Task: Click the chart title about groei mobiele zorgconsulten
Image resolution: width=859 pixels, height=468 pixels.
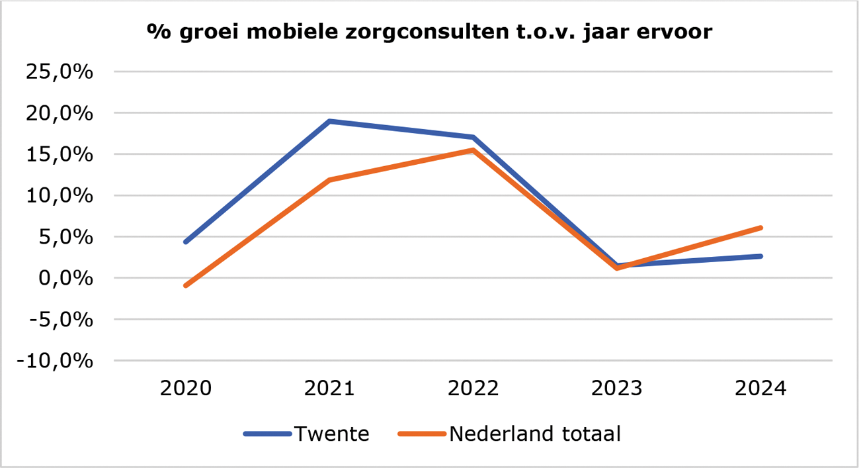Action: tap(429, 32)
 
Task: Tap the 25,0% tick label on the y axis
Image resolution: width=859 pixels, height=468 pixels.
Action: tap(58, 72)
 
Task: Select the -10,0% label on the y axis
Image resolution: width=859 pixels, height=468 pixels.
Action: tap(55, 361)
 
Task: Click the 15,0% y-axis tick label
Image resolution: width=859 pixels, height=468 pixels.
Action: tap(58, 154)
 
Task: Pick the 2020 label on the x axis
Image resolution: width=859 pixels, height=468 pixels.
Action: tap(186, 388)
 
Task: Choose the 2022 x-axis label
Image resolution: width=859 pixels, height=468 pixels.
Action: tap(473, 388)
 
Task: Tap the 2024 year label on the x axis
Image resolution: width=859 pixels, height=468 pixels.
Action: tap(760, 388)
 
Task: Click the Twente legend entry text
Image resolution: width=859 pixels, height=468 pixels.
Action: tap(331, 434)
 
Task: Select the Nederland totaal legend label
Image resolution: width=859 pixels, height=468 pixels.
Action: tap(535, 434)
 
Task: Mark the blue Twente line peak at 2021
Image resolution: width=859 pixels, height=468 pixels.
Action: tap(329, 121)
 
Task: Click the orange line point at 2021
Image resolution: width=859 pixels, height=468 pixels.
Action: tap(329, 180)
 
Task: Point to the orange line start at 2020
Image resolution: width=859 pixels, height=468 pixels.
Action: tap(186, 285)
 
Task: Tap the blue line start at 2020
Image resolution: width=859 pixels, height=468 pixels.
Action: tap(186, 242)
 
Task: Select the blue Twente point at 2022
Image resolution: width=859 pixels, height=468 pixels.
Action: tap(473, 138)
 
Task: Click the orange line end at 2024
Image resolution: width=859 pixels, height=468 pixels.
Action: tap(760, 228)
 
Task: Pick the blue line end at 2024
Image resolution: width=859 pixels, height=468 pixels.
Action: tap(760, 256)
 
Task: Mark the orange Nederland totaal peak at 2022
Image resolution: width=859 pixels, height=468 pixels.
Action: tap(473, 150)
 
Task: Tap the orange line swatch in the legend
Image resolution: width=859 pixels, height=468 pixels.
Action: tap(422, 434)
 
